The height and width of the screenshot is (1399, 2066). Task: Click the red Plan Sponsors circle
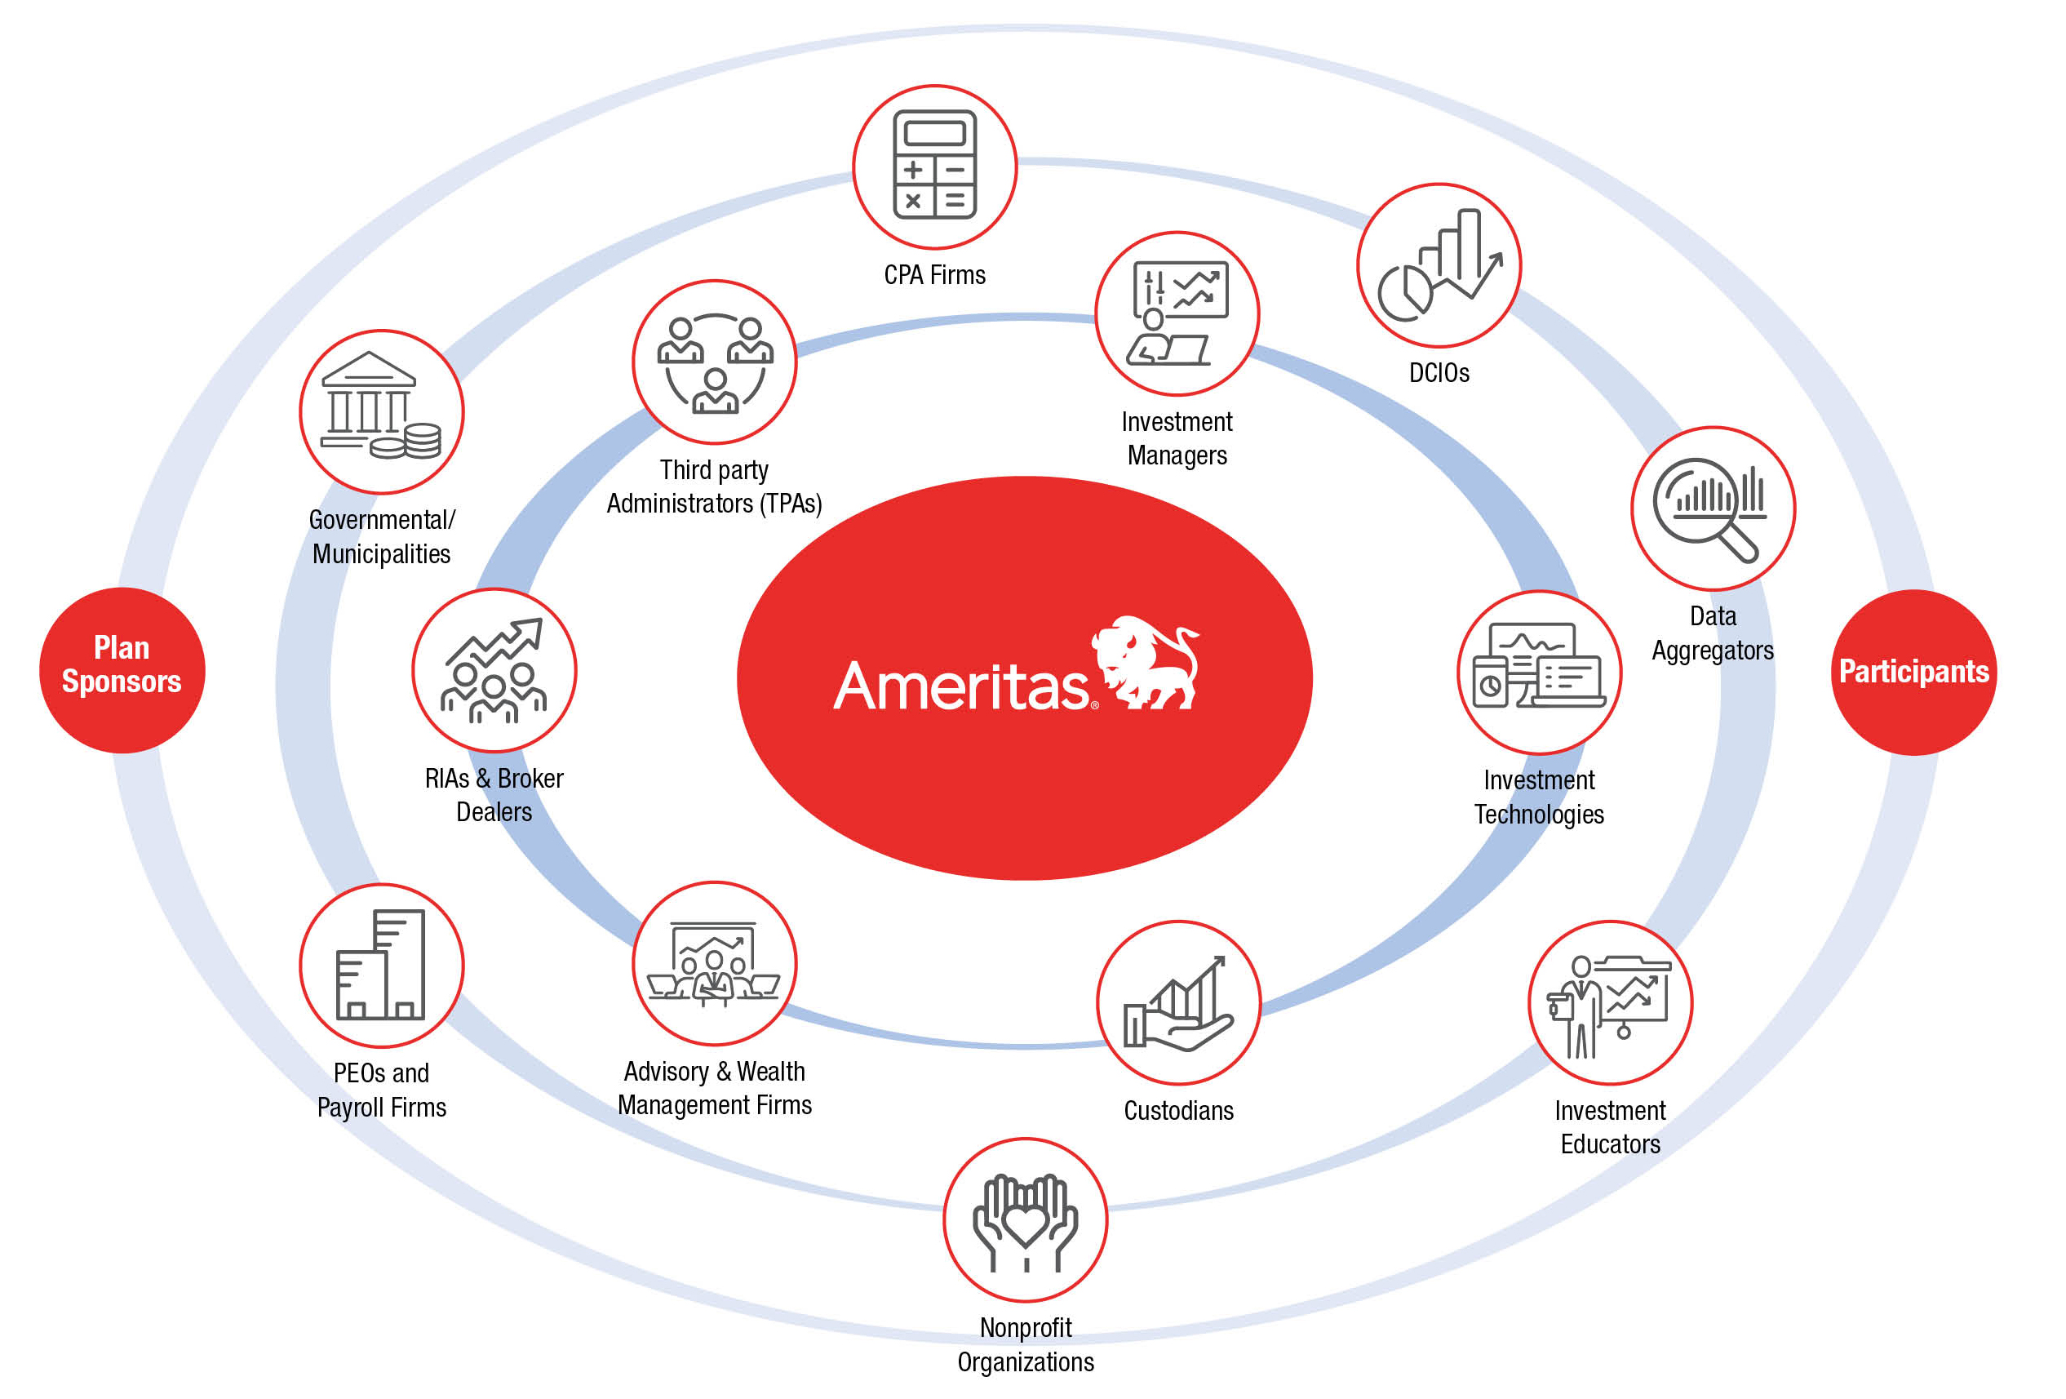122,669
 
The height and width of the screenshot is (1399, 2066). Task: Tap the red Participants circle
1913,672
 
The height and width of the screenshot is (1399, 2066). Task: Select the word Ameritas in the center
960,686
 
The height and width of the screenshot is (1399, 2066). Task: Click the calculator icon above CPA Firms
934,166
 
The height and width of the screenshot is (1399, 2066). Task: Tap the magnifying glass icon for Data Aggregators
1712,508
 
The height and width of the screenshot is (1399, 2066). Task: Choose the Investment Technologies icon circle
1539,673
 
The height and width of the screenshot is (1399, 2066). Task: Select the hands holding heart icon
1025,1219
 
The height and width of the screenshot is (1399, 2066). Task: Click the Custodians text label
1178,1110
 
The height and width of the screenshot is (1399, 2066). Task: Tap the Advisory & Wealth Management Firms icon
714,963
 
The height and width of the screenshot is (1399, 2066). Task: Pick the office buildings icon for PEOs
381,965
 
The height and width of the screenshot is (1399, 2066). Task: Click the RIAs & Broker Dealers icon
494,669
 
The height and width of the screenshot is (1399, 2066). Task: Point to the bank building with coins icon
381,411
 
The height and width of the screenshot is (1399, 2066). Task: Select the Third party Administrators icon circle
714,362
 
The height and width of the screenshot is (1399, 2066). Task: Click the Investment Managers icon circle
1176,313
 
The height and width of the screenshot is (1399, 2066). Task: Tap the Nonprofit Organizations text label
1025,1343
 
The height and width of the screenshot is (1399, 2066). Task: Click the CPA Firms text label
934,275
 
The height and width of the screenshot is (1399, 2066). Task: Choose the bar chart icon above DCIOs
1439,265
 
